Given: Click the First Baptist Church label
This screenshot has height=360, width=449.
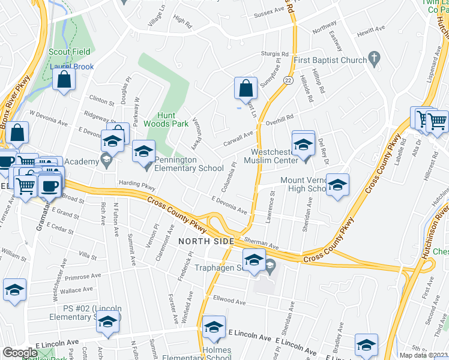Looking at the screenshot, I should coord(330,60).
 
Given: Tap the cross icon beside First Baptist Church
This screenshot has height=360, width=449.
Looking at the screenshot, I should coord(375,59).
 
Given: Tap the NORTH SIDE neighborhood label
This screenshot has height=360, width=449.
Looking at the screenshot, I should coord(206,241).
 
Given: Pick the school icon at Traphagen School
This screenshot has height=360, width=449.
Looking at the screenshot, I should coord(255,260).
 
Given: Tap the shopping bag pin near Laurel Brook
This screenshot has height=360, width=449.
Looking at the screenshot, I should coord(64,79).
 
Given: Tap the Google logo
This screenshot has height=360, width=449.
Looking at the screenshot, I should coord(20,353).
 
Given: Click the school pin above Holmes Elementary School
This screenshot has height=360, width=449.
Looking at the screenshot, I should coord(213,326).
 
